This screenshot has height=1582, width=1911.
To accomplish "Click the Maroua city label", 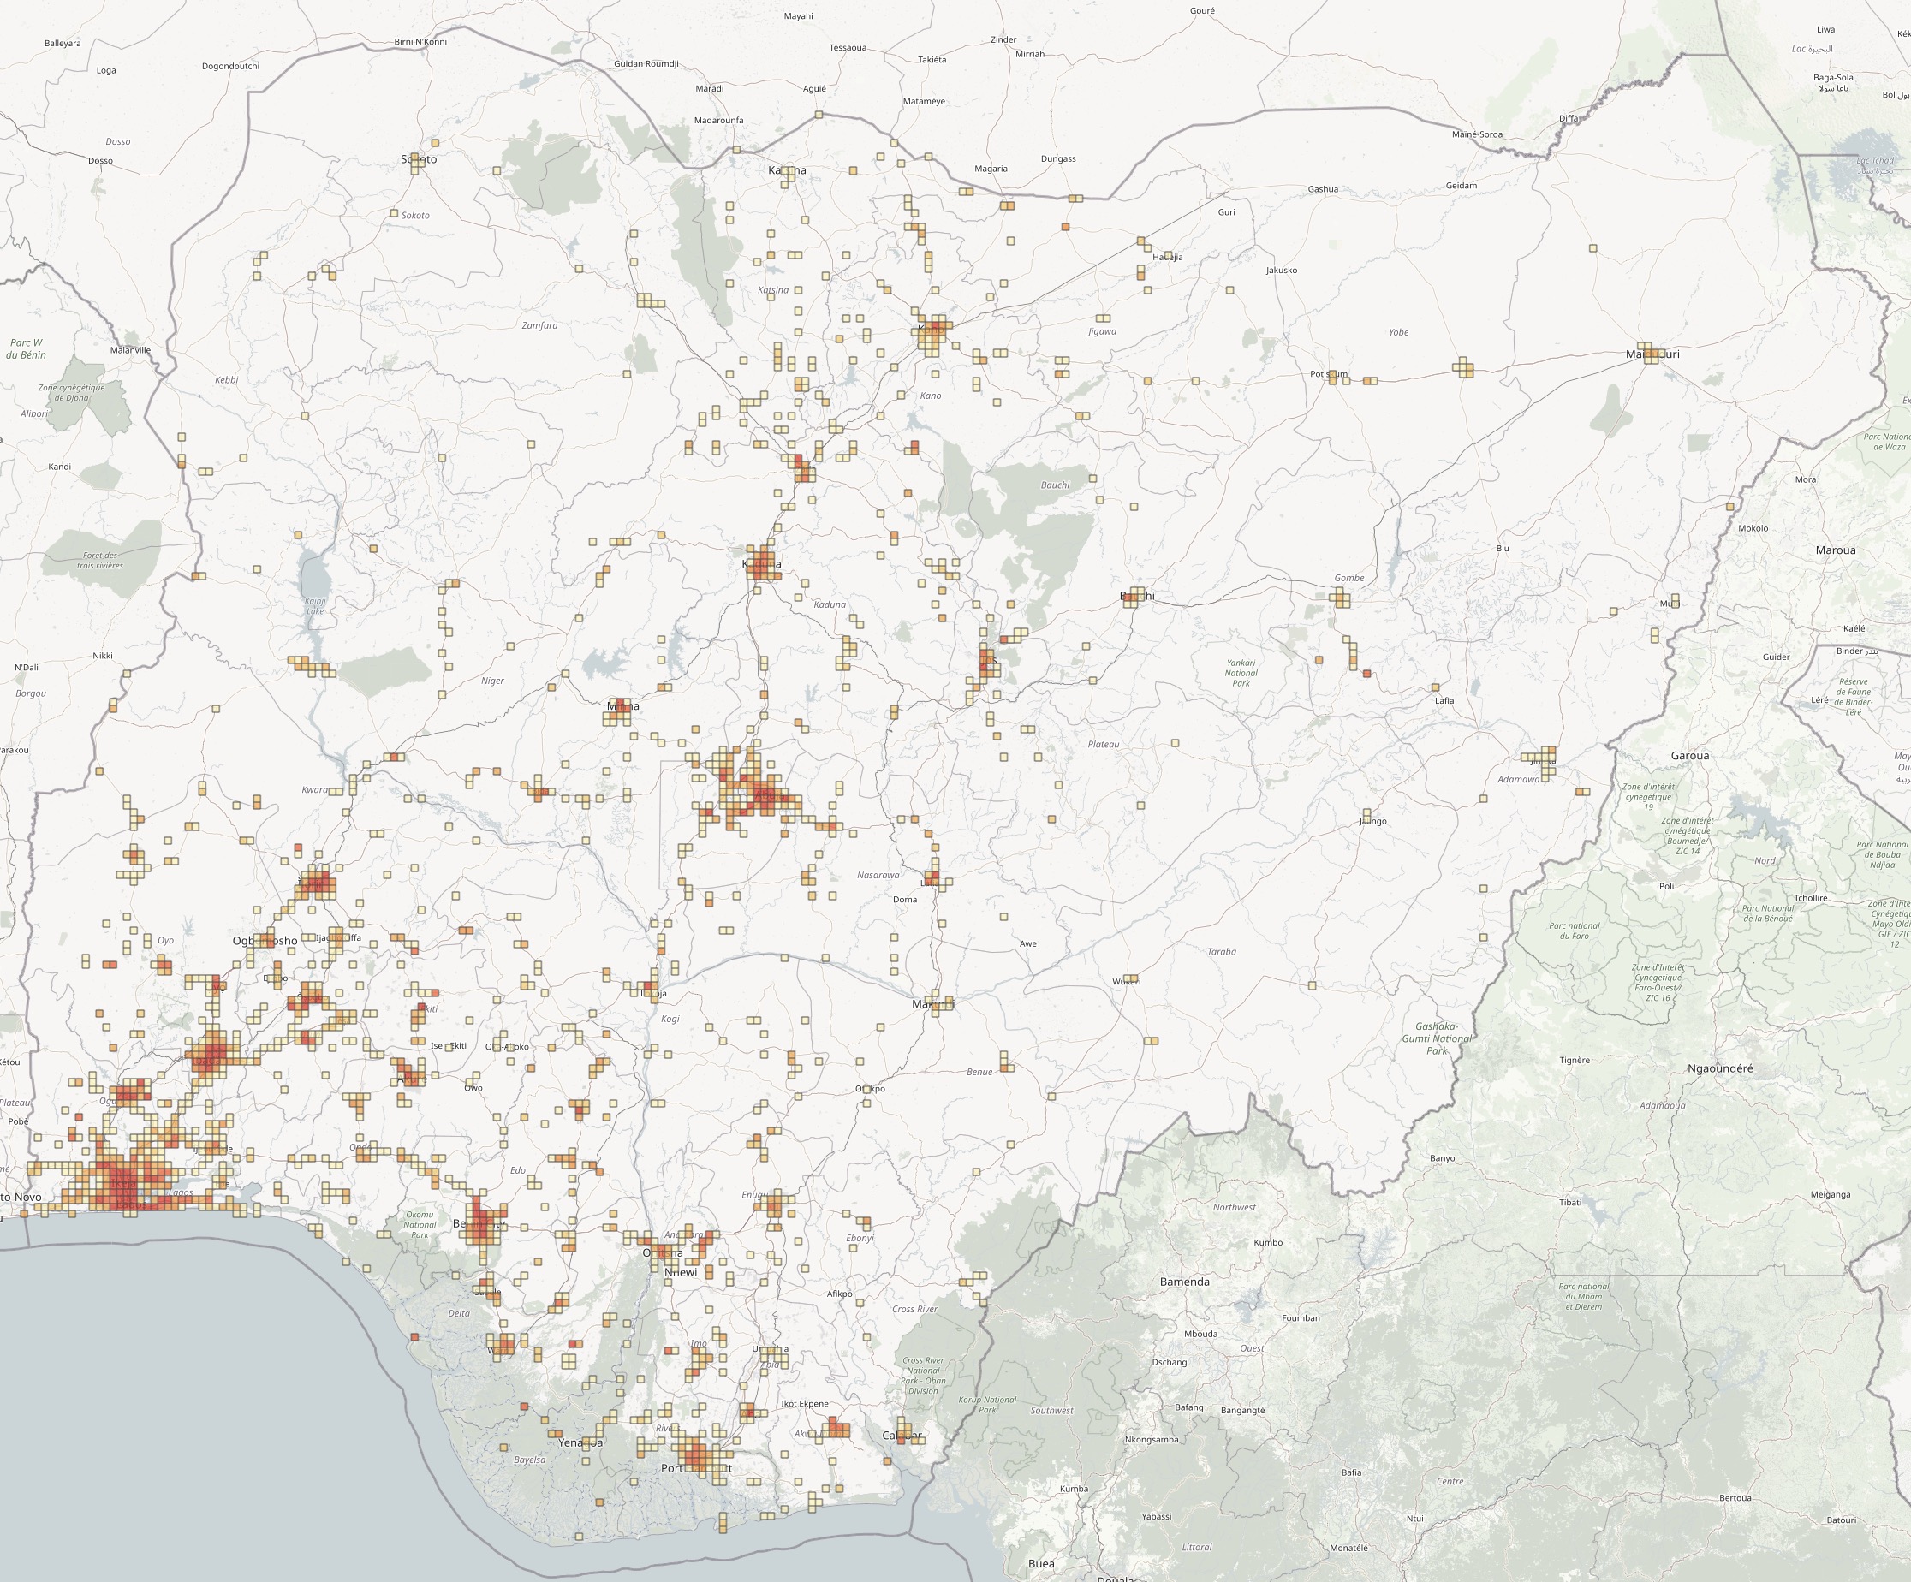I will click(1835, 550).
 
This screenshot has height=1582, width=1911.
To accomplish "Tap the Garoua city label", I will click(1690, 756).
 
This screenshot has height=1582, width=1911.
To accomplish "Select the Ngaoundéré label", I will click(1720, 1069).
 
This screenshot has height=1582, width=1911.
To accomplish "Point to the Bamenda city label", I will click(1185, 1282).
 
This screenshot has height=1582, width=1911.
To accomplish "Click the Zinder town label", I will click(1003, 40).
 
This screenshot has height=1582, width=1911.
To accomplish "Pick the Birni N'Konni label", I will click(420, 42).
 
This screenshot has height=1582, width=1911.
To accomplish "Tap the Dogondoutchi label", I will click(230, 67).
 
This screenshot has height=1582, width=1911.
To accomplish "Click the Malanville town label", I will click(130, 350).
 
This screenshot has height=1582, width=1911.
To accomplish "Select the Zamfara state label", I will click(539, 325).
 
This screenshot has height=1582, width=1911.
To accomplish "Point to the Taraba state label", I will click(1221, 952).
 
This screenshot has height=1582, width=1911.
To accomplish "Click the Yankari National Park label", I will click(1241, 673).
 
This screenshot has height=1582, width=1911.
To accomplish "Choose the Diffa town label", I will click(1569, 119).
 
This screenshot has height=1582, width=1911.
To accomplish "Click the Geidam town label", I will click(1462, 186).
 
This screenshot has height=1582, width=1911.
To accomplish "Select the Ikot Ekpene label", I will click(805, 1404).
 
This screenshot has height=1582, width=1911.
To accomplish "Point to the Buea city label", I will click(1041, 1564).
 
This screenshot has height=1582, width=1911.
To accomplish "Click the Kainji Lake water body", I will click(315, 582).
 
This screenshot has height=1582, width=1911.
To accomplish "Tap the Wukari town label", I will click(1126, 982).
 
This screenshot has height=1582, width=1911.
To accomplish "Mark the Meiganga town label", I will click(1830, 1195).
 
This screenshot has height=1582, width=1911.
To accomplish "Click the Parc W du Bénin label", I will click(26, 348).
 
